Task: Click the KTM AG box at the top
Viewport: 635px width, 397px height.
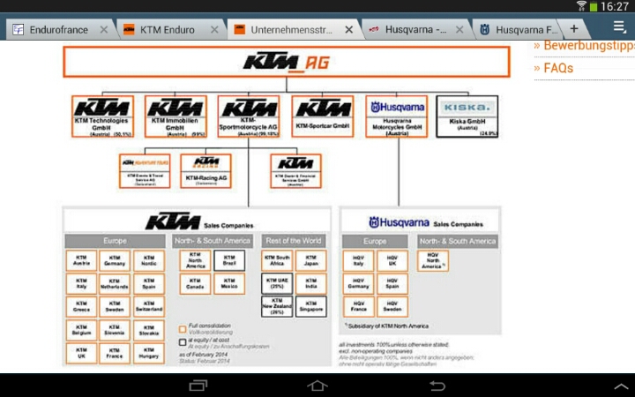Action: pos(286,63)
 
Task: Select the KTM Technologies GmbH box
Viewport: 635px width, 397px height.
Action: pos(102,116)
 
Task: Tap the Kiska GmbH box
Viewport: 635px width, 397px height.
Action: pos(467,116)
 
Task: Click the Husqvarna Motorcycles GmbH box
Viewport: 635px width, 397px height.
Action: pos(396,116)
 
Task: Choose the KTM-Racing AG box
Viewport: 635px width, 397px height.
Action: pos(205,171)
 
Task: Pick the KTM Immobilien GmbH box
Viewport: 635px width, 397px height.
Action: pos(175,116)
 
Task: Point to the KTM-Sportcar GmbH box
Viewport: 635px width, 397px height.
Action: pos(322,116)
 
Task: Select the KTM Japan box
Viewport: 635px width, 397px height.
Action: pos(310,260)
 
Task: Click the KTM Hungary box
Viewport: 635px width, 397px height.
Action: pos(149,353)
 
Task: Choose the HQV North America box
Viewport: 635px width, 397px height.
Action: pos(433,260)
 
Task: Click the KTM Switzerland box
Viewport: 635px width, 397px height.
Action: pos(149,307)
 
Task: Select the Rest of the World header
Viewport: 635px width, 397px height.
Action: pos(294,241)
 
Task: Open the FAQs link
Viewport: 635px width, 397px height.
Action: pos(558,68)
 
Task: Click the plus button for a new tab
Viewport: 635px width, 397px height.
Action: pos(574,29)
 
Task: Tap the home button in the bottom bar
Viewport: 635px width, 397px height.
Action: pos(317,386)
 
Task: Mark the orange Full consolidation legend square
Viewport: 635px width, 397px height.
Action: pos(182,328)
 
